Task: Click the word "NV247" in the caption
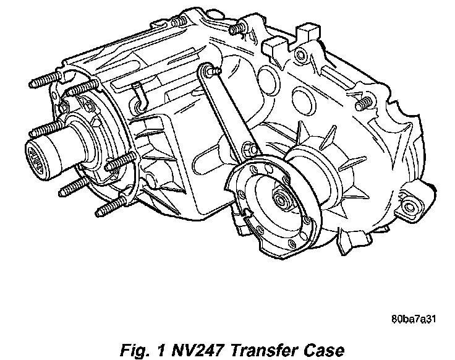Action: tap(198, 350)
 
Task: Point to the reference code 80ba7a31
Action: tap(414, 319)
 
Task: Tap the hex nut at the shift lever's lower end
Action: tap(249, 148)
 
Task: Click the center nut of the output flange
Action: tap(281, 199)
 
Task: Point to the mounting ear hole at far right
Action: tap(409, 207)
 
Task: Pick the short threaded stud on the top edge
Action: tap(237, 28)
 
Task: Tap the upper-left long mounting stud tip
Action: tap(32, 84)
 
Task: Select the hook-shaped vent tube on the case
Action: tap(139, 96)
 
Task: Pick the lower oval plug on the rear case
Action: tap(304, 100)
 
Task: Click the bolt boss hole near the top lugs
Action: tap(300, 54)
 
